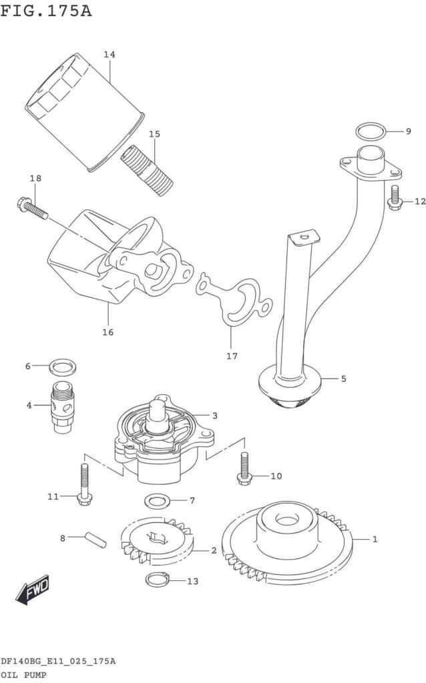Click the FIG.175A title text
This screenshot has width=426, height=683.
[x=46, y=11]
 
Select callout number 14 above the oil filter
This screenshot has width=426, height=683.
[x=109, y=55]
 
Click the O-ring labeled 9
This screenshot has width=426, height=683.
[x=371, y=131]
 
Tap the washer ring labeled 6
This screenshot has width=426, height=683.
[x=63, y=366]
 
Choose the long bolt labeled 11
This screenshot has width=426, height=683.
[x=84, y=484]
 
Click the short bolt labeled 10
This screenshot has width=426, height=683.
[x=243, y=466]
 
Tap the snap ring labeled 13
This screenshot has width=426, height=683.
[x=158, y=580]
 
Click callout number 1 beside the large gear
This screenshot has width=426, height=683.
[x=375, y=539]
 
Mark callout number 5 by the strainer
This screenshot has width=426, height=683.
[x=343, y=379]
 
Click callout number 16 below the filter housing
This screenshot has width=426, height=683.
[x=108, y=331]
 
